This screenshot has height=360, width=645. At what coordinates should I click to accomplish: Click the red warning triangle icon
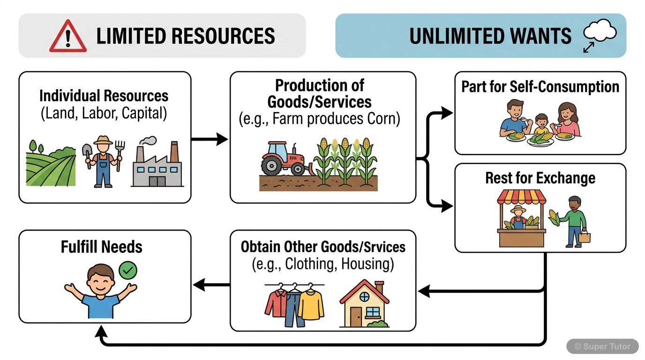point(68,37)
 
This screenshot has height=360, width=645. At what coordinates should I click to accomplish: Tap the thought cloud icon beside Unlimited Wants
point(600,32)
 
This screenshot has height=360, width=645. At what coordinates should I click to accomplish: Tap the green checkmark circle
point(128,270)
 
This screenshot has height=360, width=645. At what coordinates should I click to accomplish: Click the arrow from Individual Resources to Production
point(210,139)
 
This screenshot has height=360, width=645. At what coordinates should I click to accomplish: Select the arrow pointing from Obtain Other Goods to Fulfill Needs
point(210,284)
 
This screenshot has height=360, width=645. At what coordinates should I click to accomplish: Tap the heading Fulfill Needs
point(102,247)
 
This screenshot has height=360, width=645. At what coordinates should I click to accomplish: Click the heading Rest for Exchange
point(540,178)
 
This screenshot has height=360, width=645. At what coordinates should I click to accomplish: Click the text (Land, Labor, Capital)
point(104,114)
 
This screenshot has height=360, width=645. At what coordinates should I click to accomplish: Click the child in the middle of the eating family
point(541,127)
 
